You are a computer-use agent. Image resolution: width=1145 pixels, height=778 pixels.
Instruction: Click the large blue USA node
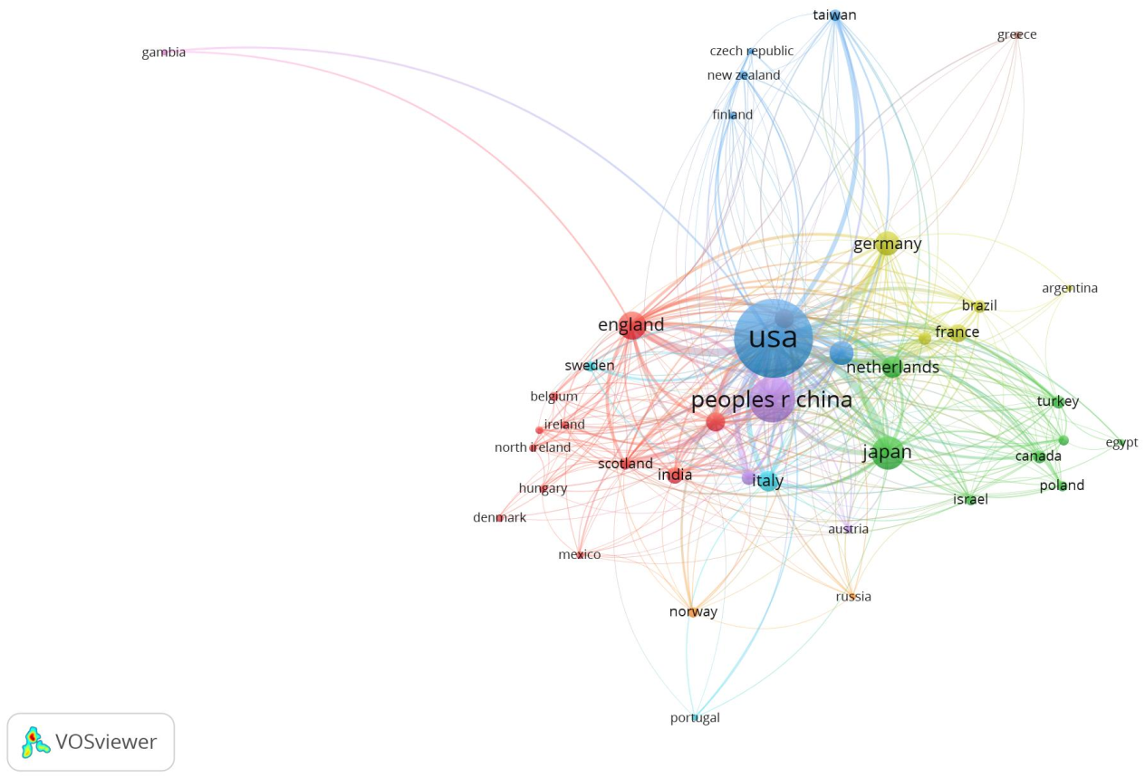click(773, 339)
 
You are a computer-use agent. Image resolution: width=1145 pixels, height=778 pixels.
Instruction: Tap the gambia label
click(164, 53)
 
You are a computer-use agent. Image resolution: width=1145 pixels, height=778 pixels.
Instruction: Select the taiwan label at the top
click(834, 15)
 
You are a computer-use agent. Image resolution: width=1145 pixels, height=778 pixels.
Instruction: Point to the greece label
click(1016, 35)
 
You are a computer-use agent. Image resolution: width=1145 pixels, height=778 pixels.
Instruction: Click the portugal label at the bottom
click(695, 718)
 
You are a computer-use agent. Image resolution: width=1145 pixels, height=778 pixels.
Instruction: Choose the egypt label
click(1121, 443)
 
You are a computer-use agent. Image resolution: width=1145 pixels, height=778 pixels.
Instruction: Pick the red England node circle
click(633, 325)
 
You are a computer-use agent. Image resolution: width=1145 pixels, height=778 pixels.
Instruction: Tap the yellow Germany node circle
click(887, 244)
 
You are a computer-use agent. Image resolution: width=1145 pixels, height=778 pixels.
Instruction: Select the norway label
click(693, 612)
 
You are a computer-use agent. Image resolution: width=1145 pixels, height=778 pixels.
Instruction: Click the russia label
click(853, 597)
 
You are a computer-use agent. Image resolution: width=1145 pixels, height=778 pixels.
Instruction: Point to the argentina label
click(1070, 289)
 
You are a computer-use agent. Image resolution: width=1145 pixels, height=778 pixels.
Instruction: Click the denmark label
click(499, 518)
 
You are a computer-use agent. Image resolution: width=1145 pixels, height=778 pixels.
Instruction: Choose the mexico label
click(580, 555)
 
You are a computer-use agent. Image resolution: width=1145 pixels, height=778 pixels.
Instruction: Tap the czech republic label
click(751, 52)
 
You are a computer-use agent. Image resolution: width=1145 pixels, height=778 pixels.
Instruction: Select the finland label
click(732, 115)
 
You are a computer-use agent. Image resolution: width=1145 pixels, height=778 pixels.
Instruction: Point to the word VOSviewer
click(106, 742)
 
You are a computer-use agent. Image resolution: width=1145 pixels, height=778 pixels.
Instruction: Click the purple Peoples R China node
click(772, 400)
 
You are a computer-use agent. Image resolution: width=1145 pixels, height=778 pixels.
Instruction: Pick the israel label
click(970, 500)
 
